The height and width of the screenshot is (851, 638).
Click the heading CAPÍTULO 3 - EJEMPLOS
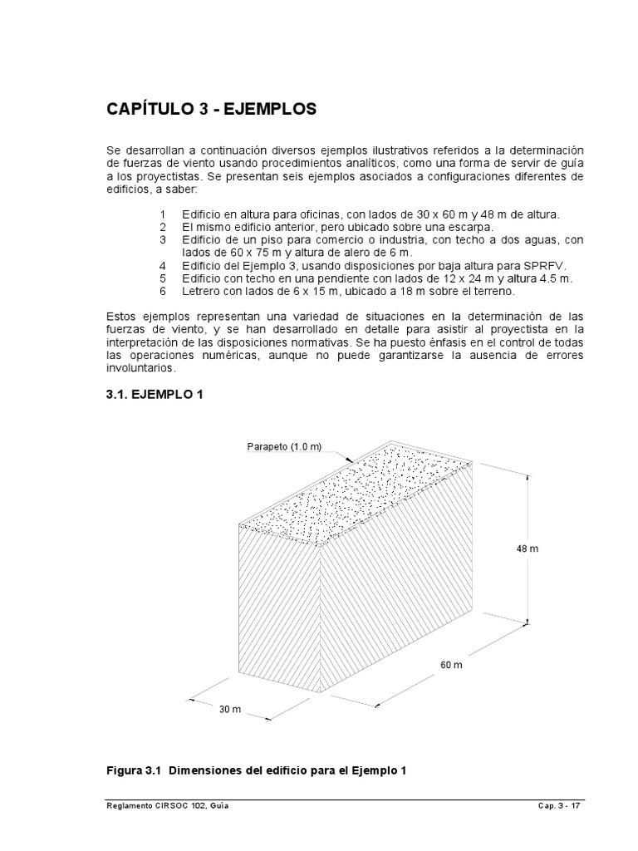(211, 109)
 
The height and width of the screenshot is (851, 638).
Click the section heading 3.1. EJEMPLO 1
(155, 395)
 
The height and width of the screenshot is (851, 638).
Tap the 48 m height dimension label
(528, 549)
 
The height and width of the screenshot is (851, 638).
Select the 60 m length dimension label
(452, 666)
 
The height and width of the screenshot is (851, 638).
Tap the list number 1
(164, 215)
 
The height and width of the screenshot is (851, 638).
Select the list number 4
(164, 264)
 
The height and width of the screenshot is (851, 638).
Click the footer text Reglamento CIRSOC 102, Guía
(167, 805)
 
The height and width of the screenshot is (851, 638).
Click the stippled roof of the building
(357, 494)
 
